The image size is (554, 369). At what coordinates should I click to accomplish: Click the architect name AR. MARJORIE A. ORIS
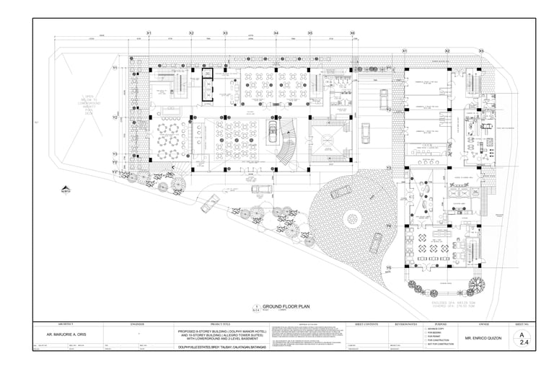pos(71,336)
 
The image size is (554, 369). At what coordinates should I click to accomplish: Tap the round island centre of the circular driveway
pos(352,218)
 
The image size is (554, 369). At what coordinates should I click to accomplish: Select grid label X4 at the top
pos(276,33)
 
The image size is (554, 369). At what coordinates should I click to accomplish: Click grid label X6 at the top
pos(352,33)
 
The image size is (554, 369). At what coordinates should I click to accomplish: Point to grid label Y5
pos(388,268)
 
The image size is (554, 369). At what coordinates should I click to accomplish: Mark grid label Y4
pos(388,226)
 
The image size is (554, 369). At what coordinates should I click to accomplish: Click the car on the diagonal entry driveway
pos(211,204)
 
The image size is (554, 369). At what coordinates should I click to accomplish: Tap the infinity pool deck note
pos(89,105)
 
